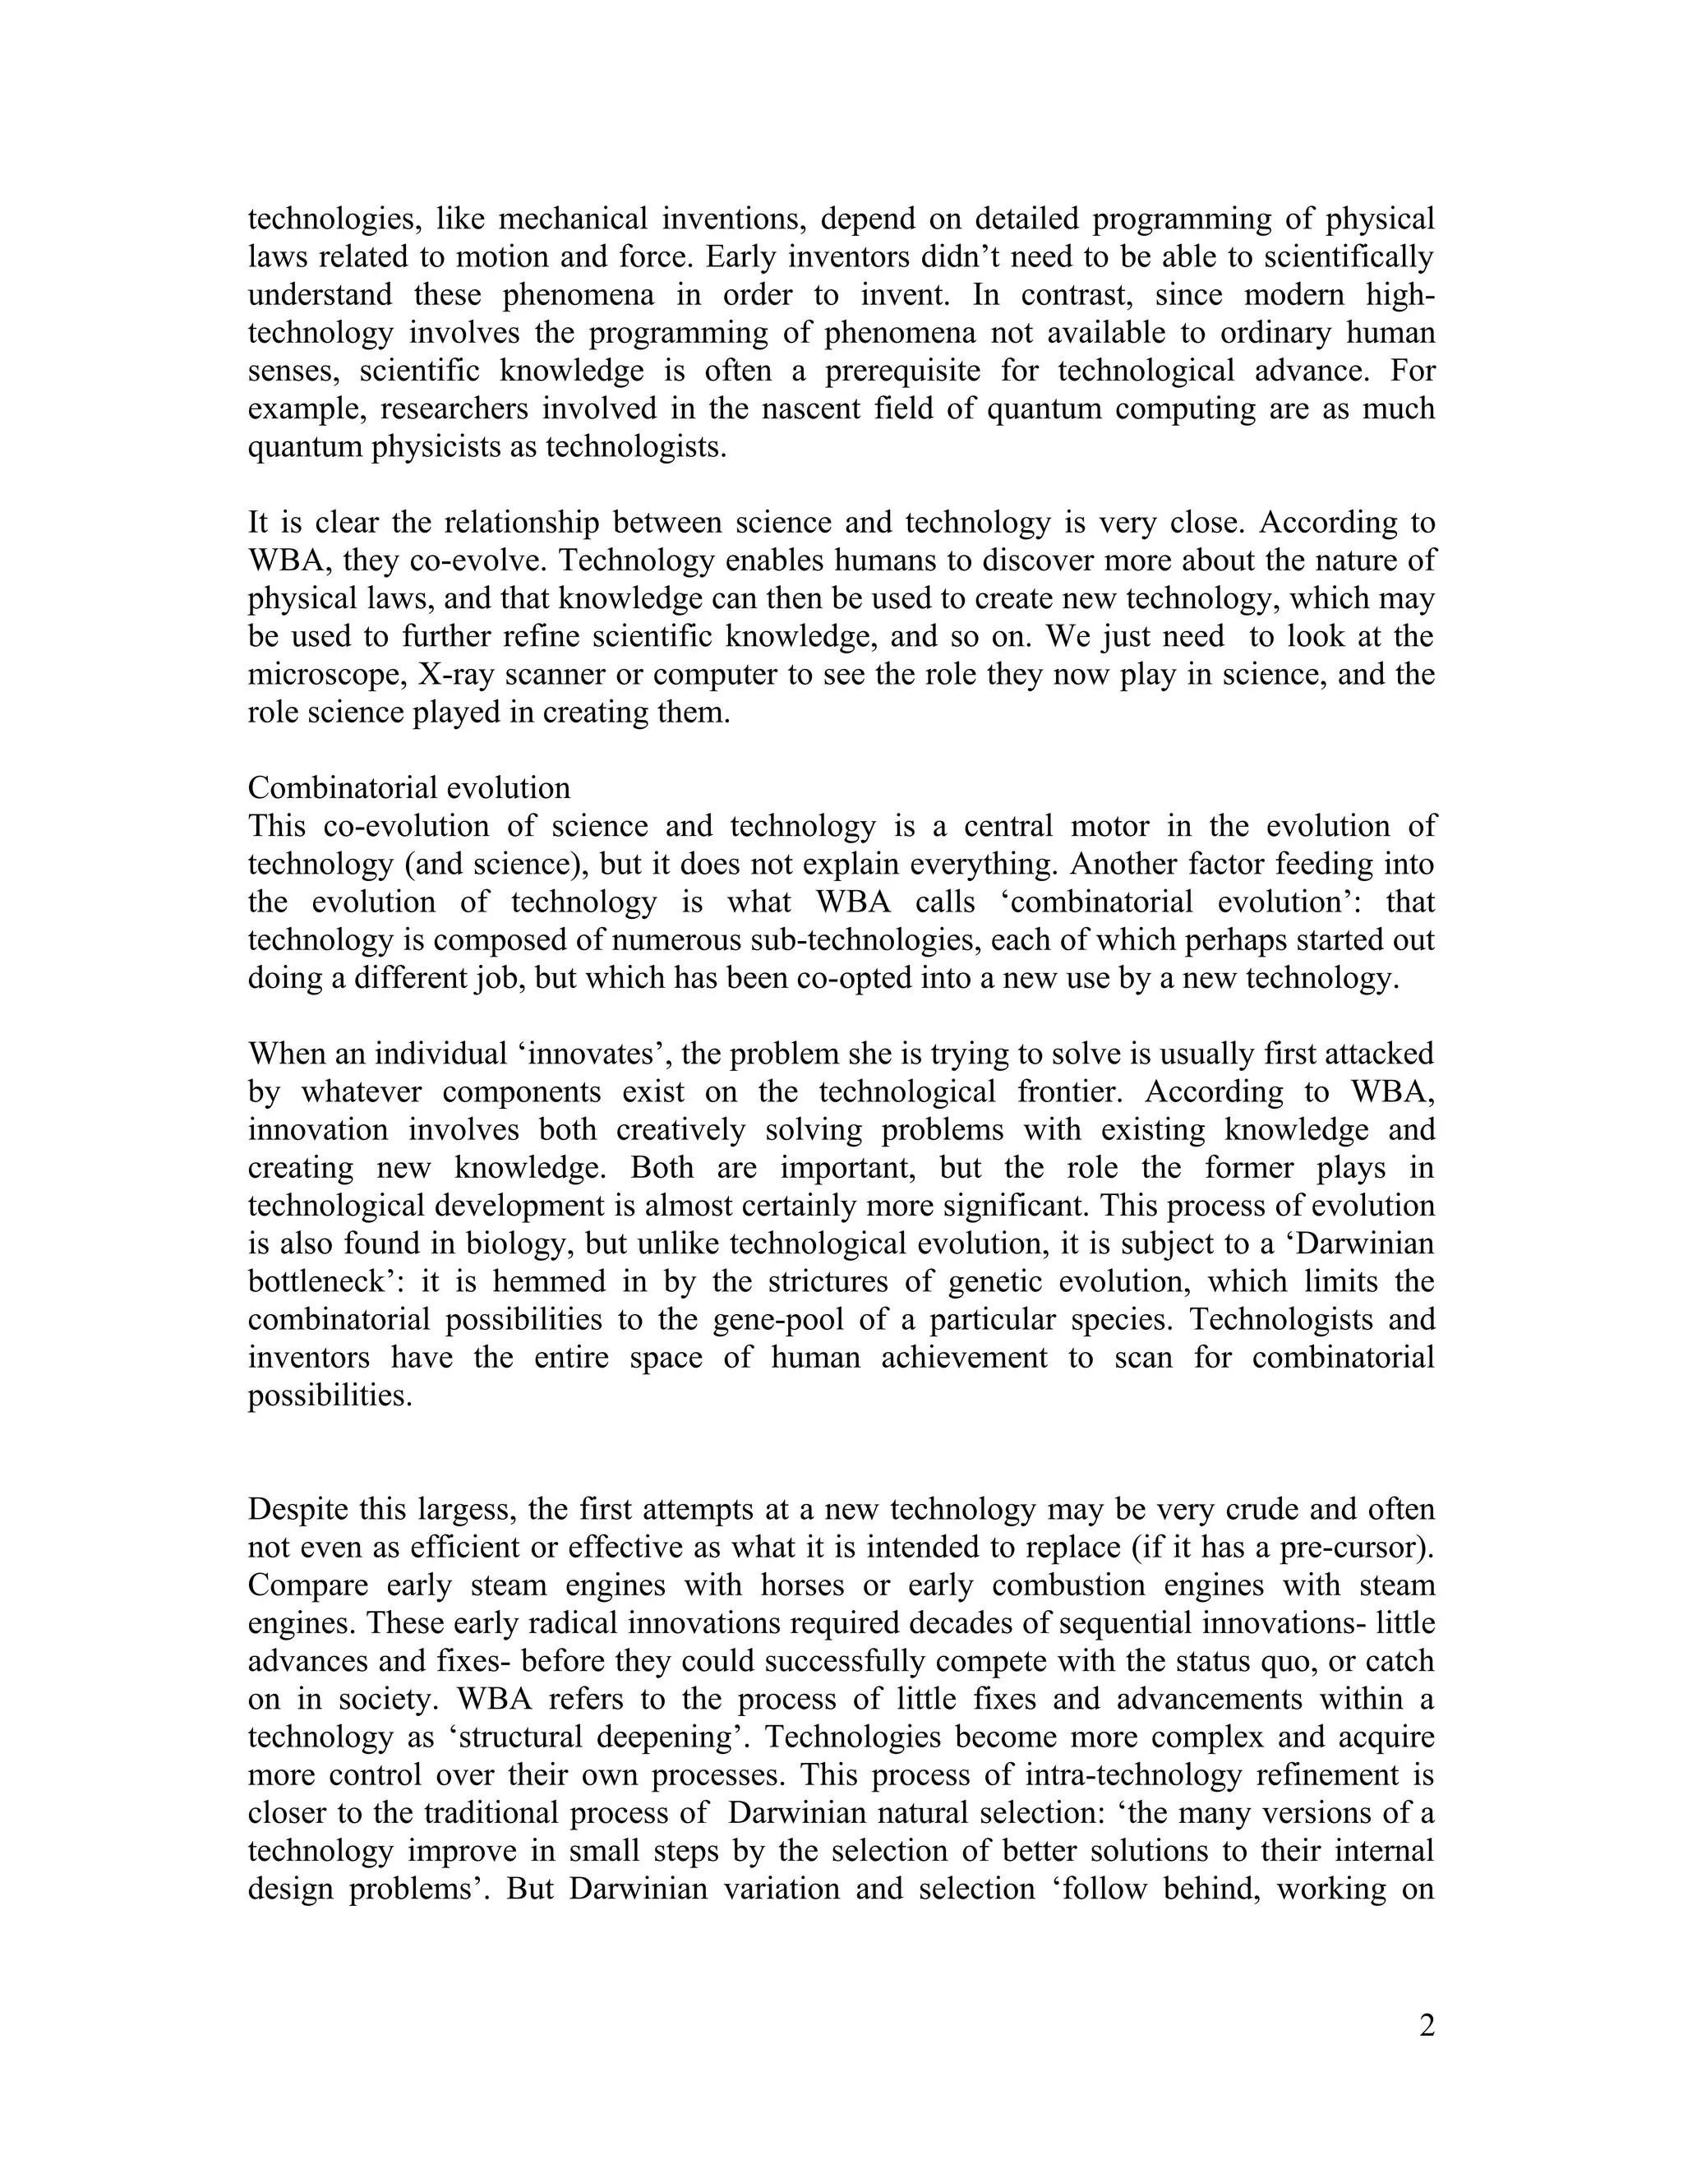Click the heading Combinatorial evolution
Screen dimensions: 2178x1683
[408, 788]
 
